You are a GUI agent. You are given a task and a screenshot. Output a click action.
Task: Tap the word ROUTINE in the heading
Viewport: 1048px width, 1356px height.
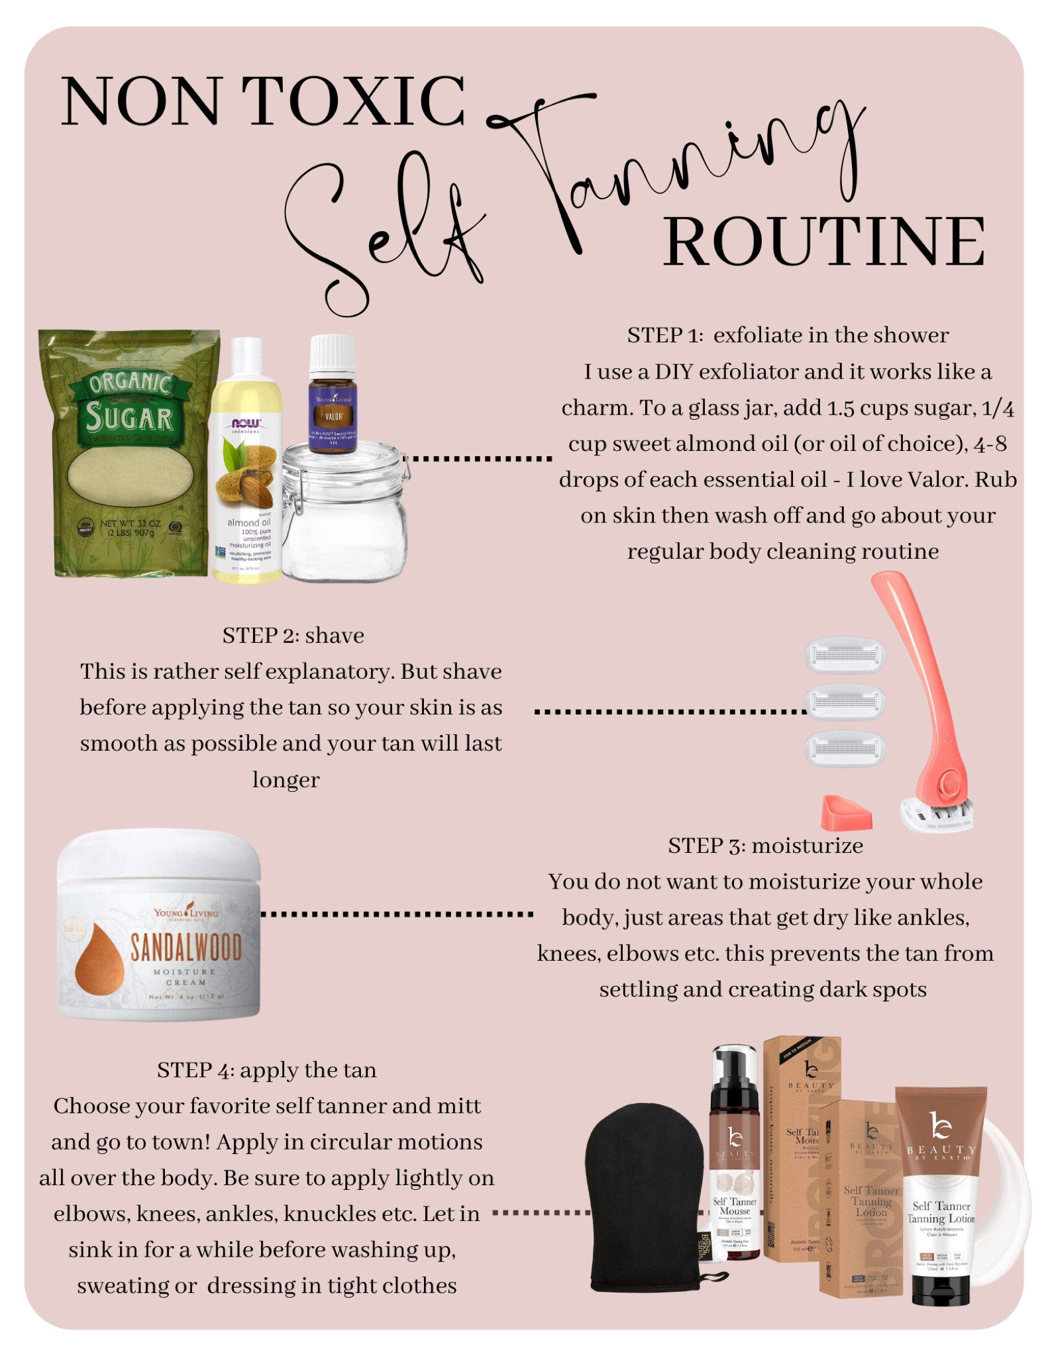824,242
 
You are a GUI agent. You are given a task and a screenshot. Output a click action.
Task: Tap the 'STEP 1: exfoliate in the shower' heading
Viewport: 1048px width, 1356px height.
788,335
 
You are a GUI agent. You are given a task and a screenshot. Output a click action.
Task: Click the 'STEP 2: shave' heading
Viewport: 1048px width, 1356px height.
293,636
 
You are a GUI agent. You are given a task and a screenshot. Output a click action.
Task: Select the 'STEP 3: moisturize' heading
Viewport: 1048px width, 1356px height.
765,846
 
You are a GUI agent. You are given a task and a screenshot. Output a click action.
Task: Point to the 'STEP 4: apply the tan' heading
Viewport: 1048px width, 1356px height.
266,1070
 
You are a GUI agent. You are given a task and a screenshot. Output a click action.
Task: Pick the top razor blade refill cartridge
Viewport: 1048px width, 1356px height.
845,655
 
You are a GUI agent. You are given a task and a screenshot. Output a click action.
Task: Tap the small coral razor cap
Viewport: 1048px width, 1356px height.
846,813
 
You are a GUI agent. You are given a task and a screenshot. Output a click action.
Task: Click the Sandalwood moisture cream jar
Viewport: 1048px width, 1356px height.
159,927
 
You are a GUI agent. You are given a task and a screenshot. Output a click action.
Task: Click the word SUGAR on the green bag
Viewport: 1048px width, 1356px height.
129,418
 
